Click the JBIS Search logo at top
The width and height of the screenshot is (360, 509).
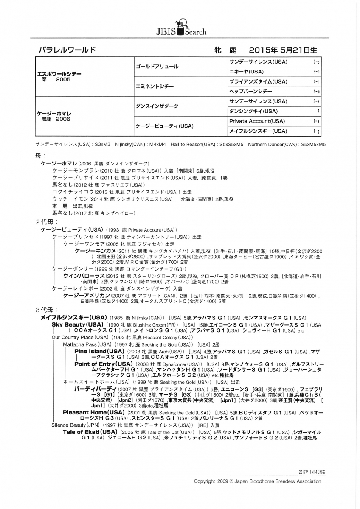[180, 28]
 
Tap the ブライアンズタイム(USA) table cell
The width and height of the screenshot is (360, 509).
[257, 81]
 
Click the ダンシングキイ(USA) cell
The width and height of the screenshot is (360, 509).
[253, 111]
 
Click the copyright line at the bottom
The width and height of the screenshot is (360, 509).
[257, 481]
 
